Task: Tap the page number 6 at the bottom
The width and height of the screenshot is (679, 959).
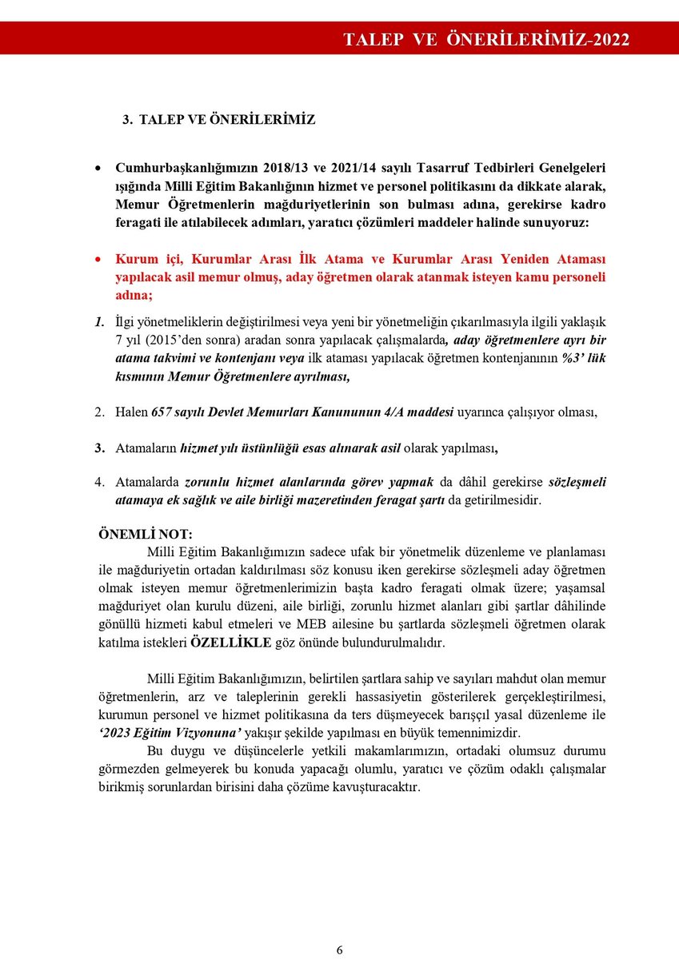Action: click(339, 949)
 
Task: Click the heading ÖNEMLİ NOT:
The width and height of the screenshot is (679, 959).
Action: click(144, 534)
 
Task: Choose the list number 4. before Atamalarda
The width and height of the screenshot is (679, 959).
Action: click(100, 483)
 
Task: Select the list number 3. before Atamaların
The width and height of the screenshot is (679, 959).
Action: click(100, 448)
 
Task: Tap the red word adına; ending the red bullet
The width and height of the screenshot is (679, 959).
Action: click(134, 295)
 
